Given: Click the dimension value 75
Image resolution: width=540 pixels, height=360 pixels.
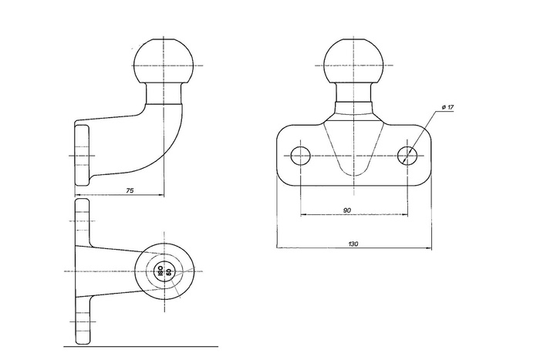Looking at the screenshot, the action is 130,190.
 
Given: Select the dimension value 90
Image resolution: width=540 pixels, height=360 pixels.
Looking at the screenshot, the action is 347,210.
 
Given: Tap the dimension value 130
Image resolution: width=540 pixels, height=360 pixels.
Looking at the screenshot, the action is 353,244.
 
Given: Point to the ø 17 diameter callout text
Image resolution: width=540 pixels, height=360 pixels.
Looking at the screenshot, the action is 447,107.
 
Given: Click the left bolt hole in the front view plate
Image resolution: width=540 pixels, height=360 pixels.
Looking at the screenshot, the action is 301,156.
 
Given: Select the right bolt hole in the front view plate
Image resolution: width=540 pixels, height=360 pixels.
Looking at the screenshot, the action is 407,156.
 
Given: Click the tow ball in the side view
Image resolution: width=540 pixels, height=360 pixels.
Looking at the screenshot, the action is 164,62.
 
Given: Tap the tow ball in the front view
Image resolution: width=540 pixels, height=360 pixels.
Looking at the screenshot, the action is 353,62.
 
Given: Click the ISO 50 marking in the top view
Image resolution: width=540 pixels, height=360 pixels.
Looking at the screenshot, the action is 164,271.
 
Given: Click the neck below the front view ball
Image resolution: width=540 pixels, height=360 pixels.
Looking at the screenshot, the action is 353,93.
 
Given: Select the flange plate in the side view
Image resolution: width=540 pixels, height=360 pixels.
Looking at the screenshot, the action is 82,155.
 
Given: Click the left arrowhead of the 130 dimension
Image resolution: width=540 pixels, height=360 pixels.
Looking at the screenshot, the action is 279,247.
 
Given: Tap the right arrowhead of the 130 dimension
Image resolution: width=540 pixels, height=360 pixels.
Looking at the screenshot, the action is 429,247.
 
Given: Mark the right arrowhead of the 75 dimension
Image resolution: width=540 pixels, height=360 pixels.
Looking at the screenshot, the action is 161,195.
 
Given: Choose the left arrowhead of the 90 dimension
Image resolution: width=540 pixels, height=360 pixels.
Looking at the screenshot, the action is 303,214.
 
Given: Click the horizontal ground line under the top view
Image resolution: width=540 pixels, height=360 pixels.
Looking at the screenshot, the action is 141,347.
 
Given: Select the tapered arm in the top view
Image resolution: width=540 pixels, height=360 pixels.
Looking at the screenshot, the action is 113,271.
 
